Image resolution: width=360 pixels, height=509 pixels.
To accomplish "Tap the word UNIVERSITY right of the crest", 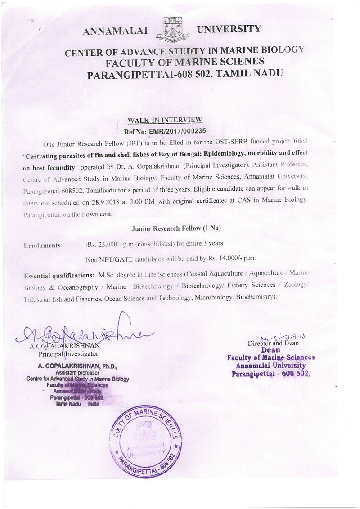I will pos(229,29).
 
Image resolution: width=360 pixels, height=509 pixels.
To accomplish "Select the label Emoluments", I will pos(43,246).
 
